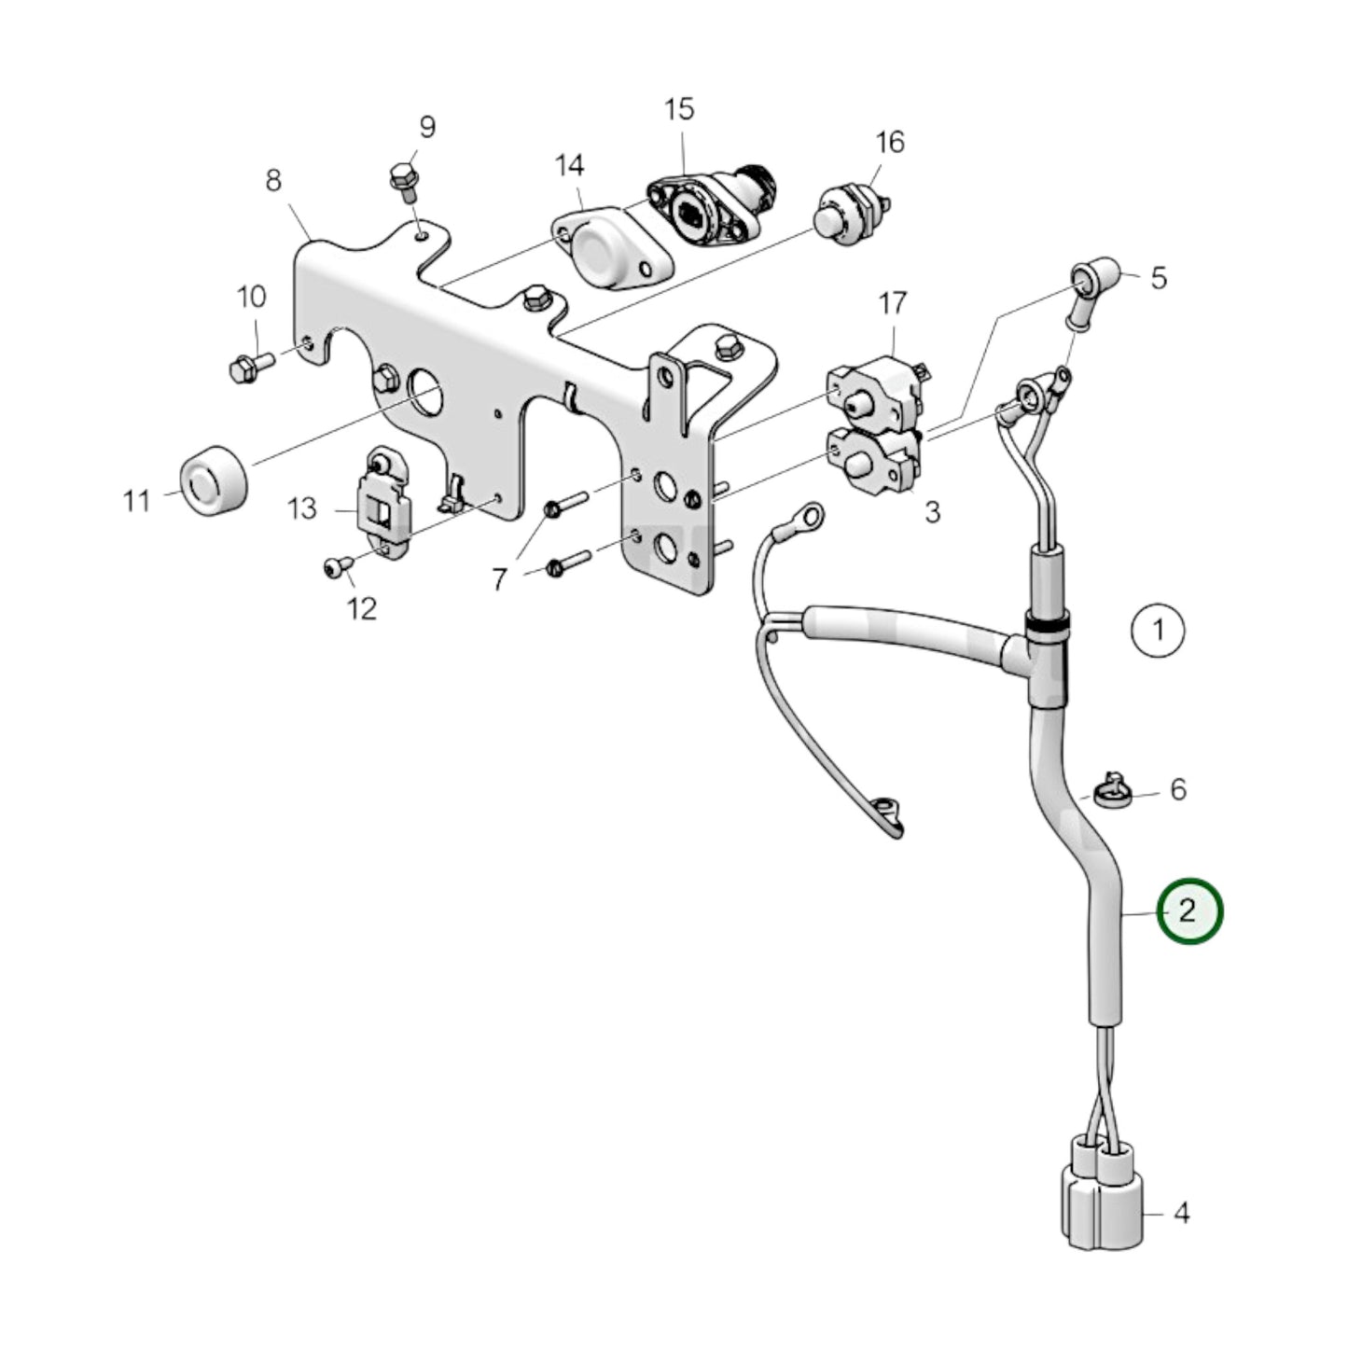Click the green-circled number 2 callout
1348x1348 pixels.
[x=1188, y=910]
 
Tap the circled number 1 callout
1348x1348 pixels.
[x=1158, y=630]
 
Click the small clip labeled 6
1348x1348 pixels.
[x=1108, y=791]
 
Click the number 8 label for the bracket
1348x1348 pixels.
[x=272, y=180]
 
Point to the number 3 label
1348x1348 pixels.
[x=932, y=512]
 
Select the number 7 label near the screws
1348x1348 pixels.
[x=500, y=579]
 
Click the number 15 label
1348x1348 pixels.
[x=679, y=109]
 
